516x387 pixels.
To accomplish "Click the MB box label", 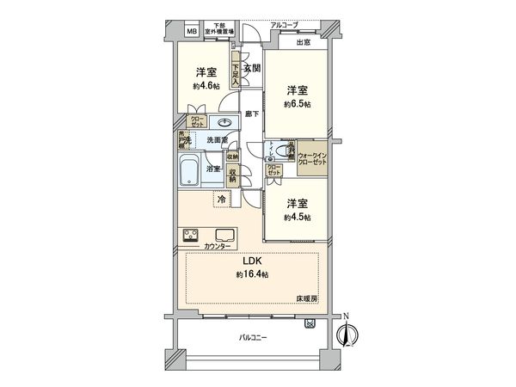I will (190, 32).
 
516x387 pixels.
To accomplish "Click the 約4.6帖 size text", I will (205, 86).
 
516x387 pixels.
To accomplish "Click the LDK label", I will (251, 261).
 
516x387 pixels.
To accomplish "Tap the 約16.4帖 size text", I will (251, 274).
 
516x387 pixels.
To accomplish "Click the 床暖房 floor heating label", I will (308, 298).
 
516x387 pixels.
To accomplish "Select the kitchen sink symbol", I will (225, 235).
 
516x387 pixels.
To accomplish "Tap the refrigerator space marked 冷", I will (221, 200).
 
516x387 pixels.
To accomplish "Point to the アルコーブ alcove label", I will (284, 26).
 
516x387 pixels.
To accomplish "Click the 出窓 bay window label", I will (303, 42).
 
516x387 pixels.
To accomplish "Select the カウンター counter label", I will (217, 248).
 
